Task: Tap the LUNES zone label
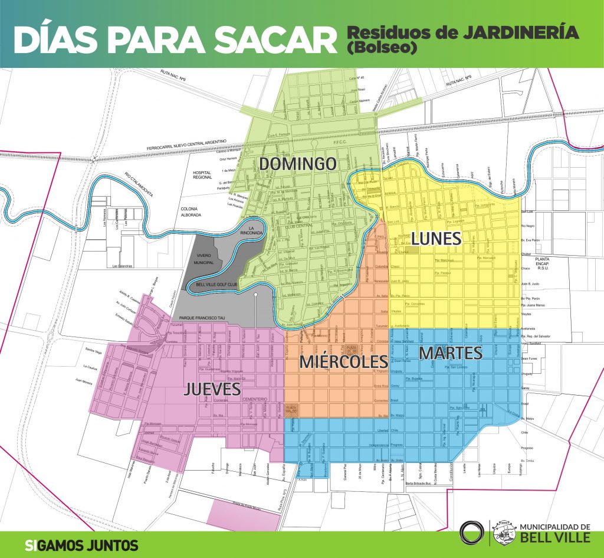point(436,239)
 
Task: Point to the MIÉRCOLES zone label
point(339,361)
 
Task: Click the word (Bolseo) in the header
point(382,48)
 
